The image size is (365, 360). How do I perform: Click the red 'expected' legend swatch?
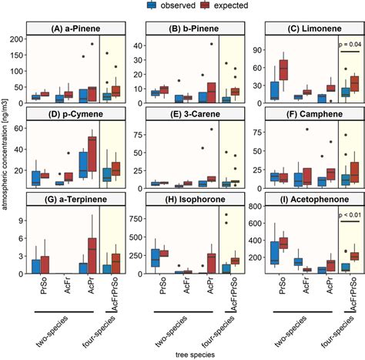[203, 6]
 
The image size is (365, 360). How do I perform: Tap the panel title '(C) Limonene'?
[309, 29]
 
